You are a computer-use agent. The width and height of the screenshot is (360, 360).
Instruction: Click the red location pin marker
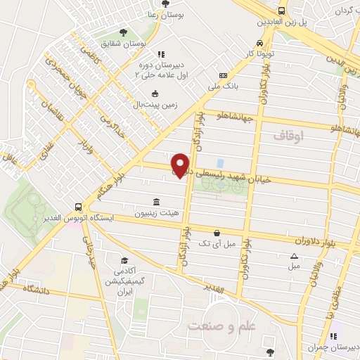pyautogui.click(x=181, y=165)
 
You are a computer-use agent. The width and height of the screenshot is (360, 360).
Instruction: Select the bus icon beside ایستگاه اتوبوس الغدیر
pyautogui.click(x=78, y=207)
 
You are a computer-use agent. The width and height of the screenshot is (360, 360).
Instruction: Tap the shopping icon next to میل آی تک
pyautogui.click(x=217, y=233)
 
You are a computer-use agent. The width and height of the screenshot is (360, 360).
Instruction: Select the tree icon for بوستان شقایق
pyautogui.click(x=124, y=32)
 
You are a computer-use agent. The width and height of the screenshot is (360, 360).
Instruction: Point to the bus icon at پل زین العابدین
pyautogui.click(x=282, y=11)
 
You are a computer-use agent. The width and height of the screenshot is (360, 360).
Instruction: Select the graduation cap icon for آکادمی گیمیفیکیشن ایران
pyautogui.click(x=124, y=261)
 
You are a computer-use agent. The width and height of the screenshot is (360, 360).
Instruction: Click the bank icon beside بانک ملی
pyautogui.click(x=223, y=76)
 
